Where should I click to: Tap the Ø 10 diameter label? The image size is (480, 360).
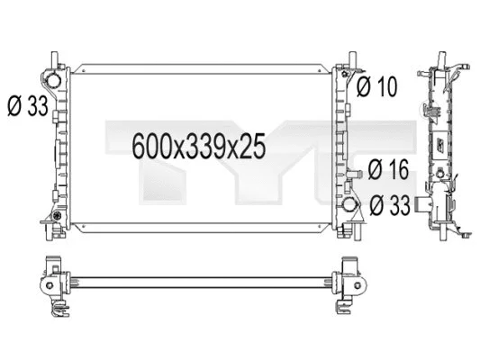point(375,88)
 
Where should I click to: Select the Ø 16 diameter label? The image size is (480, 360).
point(389,169)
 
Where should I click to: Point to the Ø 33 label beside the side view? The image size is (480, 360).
point(389,205)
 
